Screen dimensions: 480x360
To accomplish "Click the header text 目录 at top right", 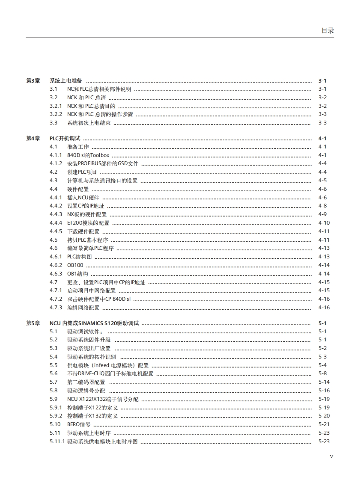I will click(x=327, y=30).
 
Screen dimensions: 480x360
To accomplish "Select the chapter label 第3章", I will click(x=33, y=81).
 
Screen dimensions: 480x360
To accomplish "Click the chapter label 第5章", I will click(x=33, y=323).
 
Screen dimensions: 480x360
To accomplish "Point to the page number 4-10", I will click(x=324, y=223).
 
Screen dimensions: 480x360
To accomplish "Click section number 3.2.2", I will click(x=56, y=114).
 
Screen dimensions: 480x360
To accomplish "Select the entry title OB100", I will click(x=75, y=265).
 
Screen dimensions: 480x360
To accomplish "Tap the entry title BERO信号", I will click(x=79, y=424).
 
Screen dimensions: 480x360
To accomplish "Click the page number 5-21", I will click(x=324, y=424).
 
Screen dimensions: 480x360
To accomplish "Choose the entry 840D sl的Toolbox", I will click(x=88, y=155).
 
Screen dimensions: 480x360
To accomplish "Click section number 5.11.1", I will click(x=57, y=441).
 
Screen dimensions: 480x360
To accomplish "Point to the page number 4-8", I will click(x=322, y=206).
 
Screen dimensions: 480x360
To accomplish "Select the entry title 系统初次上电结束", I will click(x=89, y=123).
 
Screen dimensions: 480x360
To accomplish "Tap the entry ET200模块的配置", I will click(x=88, y=223).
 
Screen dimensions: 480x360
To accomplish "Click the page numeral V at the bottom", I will click(x=331, y=456).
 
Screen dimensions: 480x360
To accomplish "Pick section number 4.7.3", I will click(x=56, y=308).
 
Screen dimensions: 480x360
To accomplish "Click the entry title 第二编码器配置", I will click(x=86, y=382).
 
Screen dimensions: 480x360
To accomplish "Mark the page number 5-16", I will click(x=324, y=391).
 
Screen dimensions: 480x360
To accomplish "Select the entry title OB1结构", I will click(x=77, y=274).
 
